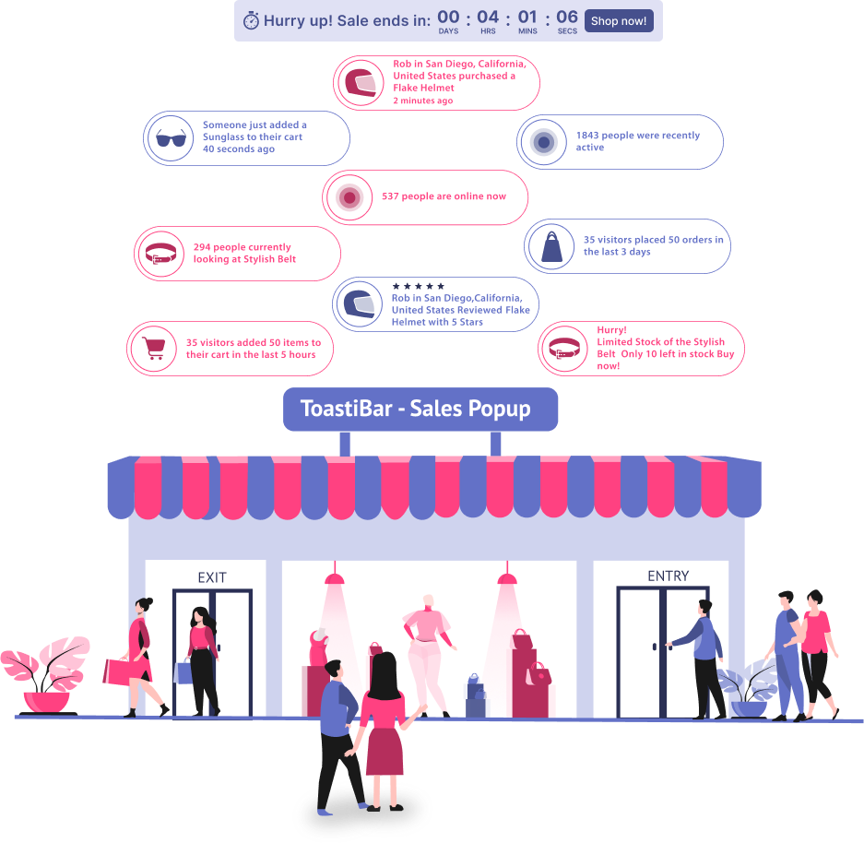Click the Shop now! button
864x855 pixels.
pyautogui.click(x=619, y=21)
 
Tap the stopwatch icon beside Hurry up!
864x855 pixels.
pyautogui.click(x=251, y=20)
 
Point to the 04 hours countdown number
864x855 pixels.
pyautogui.click(x=488, y=18)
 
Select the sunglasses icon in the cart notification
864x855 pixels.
pyautogui.click(x=171, y=138)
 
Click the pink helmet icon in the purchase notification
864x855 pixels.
pyautogui.click(x=361, y=83)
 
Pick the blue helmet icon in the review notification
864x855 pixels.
pyautogui.click(x=360, y=304)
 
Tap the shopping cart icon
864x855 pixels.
pyautogui.click(x=154, y=349)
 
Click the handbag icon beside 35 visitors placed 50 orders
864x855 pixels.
pyautogui.click(x=551, y=246)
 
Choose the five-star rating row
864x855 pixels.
pyautogui.click(x=419, y=286)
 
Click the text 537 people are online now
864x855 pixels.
pyautogui.click(x=444, y=196)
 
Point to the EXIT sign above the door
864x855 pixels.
pyautogui.click(x=212, y=577)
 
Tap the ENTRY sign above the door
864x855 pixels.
pyautogui.click(x=668, y=576)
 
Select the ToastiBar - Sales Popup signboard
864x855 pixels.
pyautogui.click(x=420, y=409)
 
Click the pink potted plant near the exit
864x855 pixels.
pyautogui.click(x=45, y=676)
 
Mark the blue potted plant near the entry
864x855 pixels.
pyautogui.click(x=748, y=689)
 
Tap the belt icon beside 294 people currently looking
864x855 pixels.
pyautogui.click(x=160, y=254)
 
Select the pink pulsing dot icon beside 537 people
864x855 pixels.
pyautogui.click(x=349, y=197)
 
